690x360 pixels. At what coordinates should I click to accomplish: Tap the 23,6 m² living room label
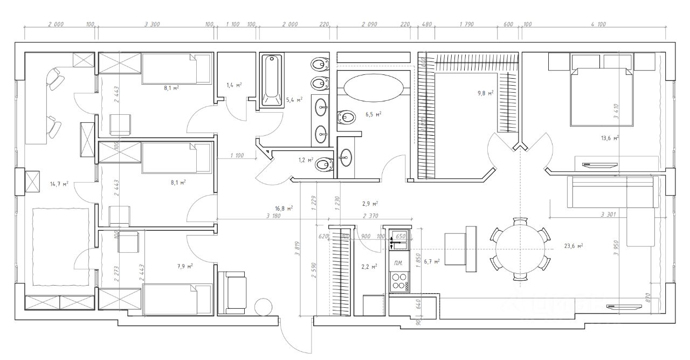click(573, 246)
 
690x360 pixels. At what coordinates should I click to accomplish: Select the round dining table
click(520, 248)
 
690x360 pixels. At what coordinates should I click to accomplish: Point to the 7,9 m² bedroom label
click(185, 266)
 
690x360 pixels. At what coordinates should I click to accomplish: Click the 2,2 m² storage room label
click(369, 266)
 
